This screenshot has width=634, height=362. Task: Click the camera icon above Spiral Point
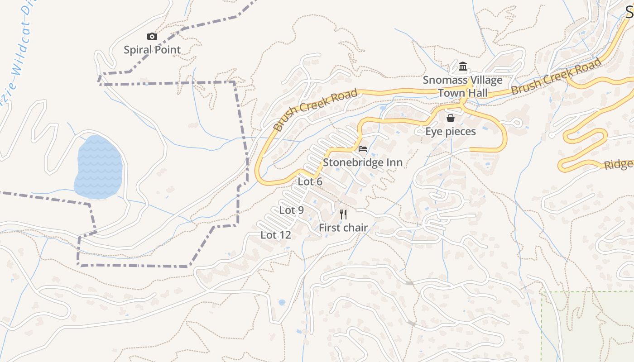(152, 37)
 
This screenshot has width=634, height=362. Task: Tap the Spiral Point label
(152, 50)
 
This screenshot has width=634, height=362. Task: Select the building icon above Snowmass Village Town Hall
(462, 67)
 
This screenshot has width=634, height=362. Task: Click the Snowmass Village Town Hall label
(462, 86)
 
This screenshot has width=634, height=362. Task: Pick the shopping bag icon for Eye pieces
(451, 119)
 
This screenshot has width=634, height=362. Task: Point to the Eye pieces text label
(451, 132)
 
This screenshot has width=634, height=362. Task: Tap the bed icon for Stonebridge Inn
(363, 149)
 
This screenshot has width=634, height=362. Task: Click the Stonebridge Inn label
(363, 162)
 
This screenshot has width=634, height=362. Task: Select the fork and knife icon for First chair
(343, 214)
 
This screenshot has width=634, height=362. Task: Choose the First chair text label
(343, 228)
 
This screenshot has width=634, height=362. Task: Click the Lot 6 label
(310, 181)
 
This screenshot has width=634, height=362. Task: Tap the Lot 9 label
(291, 210)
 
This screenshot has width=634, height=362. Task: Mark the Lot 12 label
(276, 235)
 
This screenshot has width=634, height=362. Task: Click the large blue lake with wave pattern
(99, 167)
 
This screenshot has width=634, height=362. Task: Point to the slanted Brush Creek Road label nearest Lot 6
(316, 110)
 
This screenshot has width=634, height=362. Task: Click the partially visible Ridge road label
(619, 164)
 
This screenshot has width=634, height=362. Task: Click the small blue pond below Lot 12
(282, 302)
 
